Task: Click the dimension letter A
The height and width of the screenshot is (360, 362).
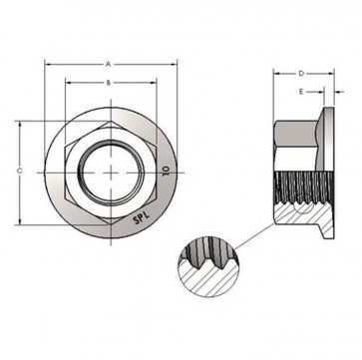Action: [x=108, y=63]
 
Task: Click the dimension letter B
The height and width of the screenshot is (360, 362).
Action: [x=108, y=82]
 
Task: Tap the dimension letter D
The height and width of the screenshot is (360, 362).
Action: [x=300, y=74]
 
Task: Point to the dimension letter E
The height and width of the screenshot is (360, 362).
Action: [x=301, y=94]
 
